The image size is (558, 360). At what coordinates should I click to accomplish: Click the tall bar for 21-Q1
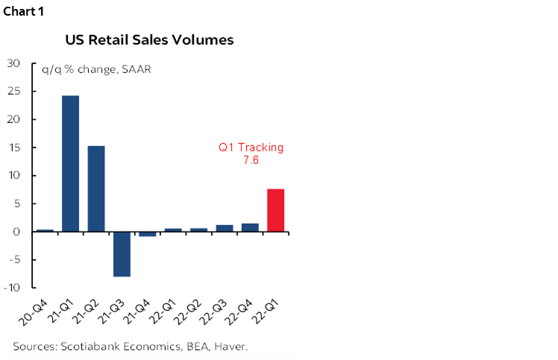click(71, 163)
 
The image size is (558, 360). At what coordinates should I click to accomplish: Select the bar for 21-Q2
click(96, 189)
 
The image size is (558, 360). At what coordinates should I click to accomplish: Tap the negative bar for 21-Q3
click(122, 254)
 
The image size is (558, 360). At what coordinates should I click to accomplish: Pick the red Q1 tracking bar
click(275, 210)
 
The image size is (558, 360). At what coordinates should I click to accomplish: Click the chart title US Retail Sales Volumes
click(149, 40)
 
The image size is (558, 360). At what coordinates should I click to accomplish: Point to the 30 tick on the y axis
click(13, 63)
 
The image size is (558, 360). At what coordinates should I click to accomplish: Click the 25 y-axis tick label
click(13, 92)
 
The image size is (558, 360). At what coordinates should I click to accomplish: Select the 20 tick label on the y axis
click(13, 119)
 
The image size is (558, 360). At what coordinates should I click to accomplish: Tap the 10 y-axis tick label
click(13, 176)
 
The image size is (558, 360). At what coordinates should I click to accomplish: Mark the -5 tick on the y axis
click(13, 260)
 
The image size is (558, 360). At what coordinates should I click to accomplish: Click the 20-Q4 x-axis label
click(37, 310)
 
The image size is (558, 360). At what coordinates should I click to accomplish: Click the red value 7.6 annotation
click(251, 160)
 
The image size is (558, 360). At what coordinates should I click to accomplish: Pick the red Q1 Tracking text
click(251, 148)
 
